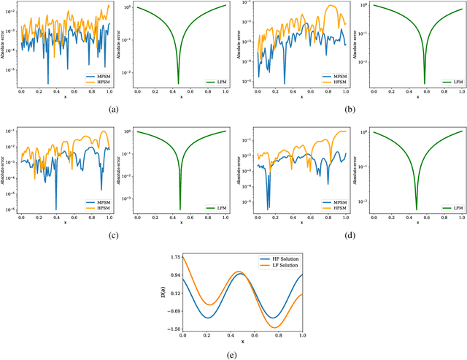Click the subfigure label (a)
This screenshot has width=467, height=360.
(113, 108)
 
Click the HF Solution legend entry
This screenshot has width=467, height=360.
(280, 260)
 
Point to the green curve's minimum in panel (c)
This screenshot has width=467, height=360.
(180, 209)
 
